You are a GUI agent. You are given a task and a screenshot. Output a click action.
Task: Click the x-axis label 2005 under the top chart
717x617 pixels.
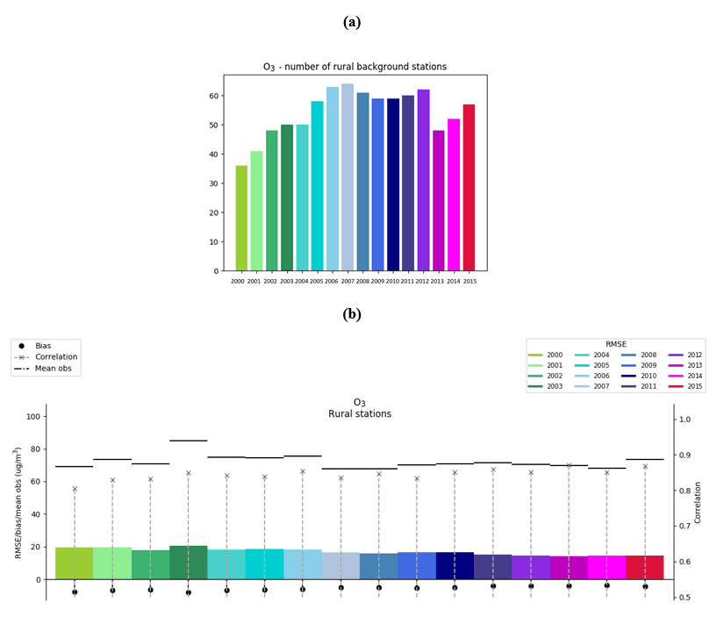[317, 281]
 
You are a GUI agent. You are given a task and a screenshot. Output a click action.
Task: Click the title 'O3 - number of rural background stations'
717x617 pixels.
[355, 67]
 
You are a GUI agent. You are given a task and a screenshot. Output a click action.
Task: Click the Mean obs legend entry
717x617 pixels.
[52, 369]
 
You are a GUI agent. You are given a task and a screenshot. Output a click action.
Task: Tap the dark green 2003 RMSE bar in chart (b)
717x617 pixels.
[188, 563]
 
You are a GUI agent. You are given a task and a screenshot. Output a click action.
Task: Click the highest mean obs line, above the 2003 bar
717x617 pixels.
[188, 441]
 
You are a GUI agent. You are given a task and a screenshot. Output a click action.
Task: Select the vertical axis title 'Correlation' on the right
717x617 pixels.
[699, 502]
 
